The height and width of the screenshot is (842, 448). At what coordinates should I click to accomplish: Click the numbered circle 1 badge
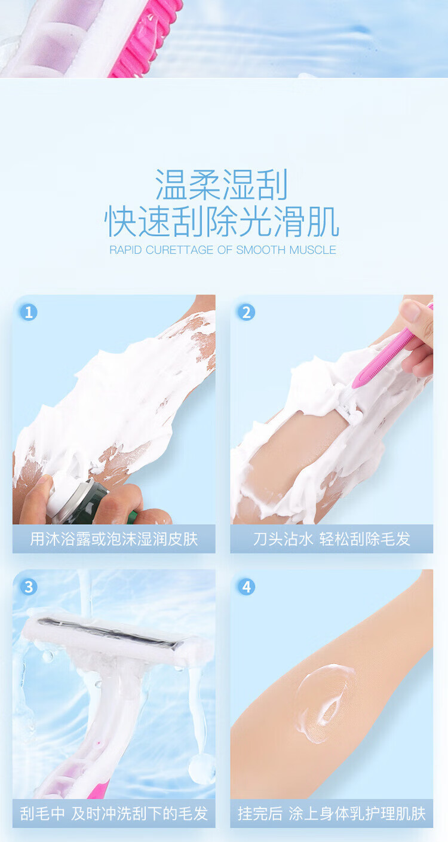point(29,312)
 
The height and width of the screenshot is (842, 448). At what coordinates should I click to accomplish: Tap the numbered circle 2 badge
point(246,312)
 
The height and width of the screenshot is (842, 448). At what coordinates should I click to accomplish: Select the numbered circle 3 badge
point(29,587)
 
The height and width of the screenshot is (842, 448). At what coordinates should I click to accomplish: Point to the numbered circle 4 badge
point(246,587)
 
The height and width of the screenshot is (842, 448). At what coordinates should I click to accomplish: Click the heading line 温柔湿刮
point(222,185)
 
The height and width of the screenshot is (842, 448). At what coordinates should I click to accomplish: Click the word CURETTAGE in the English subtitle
point(179,250)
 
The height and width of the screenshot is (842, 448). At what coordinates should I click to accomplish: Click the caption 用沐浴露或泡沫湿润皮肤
point(114,539)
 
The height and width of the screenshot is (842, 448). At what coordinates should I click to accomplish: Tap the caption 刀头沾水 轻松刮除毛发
point(332,539)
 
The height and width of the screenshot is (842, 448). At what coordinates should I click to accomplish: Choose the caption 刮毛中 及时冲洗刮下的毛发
point(114,814)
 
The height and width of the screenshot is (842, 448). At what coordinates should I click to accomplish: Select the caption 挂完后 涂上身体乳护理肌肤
point(332,814)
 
